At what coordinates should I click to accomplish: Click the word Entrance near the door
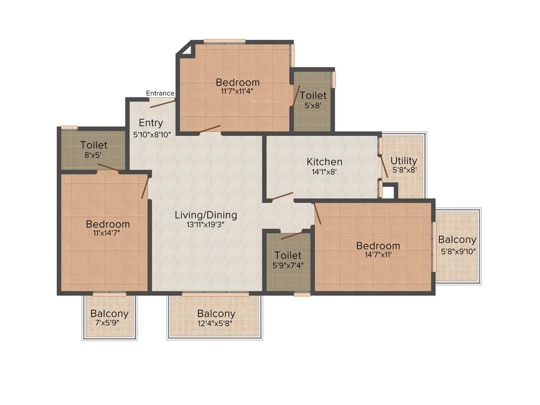tap(160, 93)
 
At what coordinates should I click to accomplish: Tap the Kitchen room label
tap(325, 162)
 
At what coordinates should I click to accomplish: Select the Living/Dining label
tap(206, 215)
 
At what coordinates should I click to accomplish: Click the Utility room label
tap(403, 161)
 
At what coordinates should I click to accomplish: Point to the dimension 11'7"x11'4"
tap(237, 91)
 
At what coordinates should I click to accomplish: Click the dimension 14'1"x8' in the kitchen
tap(325, 171)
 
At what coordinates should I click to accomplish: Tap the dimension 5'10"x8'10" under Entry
tap(151, 134)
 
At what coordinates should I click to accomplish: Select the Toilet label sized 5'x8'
tap(313, 95)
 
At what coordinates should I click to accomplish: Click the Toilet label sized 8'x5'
tap(94, 145)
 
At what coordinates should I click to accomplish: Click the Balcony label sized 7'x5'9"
tap(109, 314)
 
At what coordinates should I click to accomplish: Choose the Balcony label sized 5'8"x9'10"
tap(457, 240)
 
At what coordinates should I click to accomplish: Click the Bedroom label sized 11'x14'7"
tap(108, 224)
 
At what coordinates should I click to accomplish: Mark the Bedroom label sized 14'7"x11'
tap(378, 246)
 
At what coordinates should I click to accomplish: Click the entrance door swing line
tap(162, 102)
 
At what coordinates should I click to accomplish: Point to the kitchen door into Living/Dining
tap(282, 196)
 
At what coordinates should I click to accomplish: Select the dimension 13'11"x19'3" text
tap(206, 224)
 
